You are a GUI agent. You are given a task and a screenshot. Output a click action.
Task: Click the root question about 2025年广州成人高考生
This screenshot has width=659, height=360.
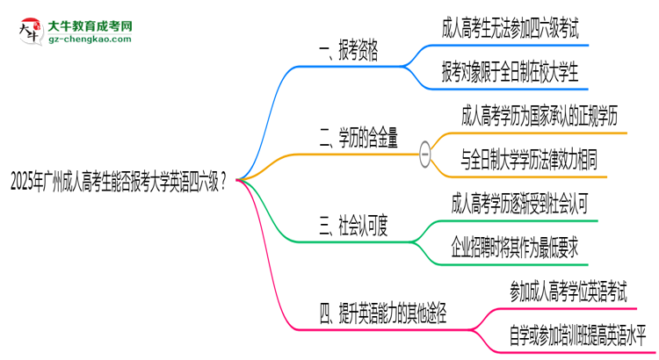tap(119, 182)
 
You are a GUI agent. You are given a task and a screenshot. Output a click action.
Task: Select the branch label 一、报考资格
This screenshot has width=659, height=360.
tap(349, 50)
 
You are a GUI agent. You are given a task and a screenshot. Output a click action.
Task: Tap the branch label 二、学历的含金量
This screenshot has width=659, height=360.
tap(358, 138)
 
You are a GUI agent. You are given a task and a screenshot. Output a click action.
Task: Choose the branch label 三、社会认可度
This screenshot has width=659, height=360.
tap(353, 226)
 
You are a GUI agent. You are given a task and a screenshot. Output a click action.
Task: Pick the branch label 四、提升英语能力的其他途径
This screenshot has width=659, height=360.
tap(383, 313)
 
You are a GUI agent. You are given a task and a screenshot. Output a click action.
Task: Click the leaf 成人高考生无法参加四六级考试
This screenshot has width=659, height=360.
tap(511, 28)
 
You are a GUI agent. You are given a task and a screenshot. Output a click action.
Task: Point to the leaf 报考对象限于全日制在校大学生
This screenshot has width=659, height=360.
tap(511, 72)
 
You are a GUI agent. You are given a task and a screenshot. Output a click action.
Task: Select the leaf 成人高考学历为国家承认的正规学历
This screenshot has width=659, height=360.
tap(540, 116)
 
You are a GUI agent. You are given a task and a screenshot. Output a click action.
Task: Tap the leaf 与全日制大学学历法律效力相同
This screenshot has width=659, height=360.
tap(529, 160)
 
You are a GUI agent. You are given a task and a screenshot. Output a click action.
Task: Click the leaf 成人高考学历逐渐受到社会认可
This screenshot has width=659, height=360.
tap(519, 204)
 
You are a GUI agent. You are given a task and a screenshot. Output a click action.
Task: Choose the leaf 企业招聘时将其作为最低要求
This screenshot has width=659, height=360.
tap(515, 248)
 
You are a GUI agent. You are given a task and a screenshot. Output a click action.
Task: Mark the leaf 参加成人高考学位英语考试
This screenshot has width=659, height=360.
tap(568, 292)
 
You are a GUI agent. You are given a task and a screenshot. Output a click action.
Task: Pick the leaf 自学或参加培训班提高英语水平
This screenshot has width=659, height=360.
tap(578, 335)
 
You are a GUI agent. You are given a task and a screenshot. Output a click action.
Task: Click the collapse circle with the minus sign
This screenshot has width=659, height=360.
tap(425, 155)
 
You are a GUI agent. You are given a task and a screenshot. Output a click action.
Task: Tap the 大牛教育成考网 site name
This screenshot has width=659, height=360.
tap(90, 26)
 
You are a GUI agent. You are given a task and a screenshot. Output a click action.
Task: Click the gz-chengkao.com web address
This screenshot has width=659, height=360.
tap(90, 40)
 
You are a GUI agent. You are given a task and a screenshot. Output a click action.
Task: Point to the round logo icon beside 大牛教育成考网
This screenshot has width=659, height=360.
tap(31, 32)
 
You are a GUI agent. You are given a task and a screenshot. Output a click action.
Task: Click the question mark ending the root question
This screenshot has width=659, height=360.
tap(223, 182)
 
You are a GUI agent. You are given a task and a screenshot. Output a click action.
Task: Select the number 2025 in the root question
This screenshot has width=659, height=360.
tap(23, 183)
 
